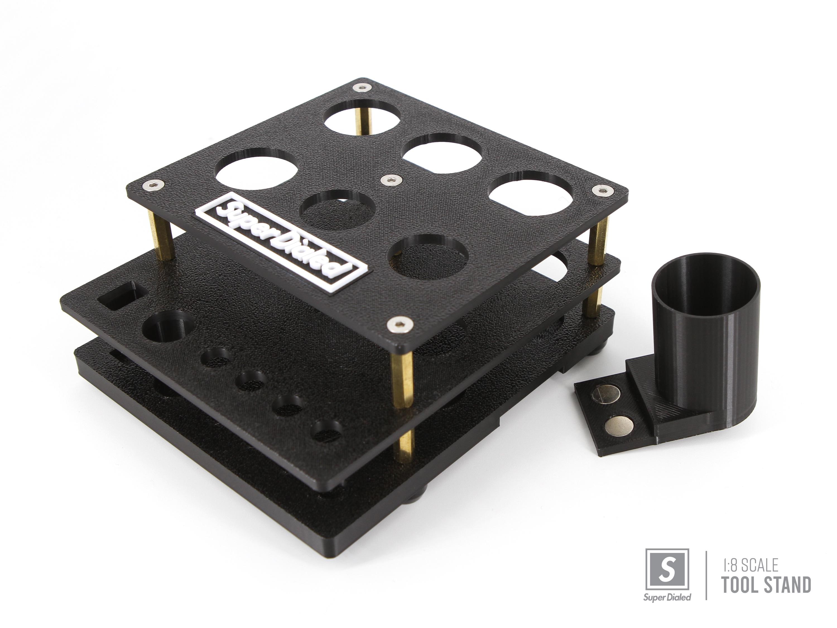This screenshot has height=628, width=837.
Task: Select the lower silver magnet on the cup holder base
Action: coord(619,425)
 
